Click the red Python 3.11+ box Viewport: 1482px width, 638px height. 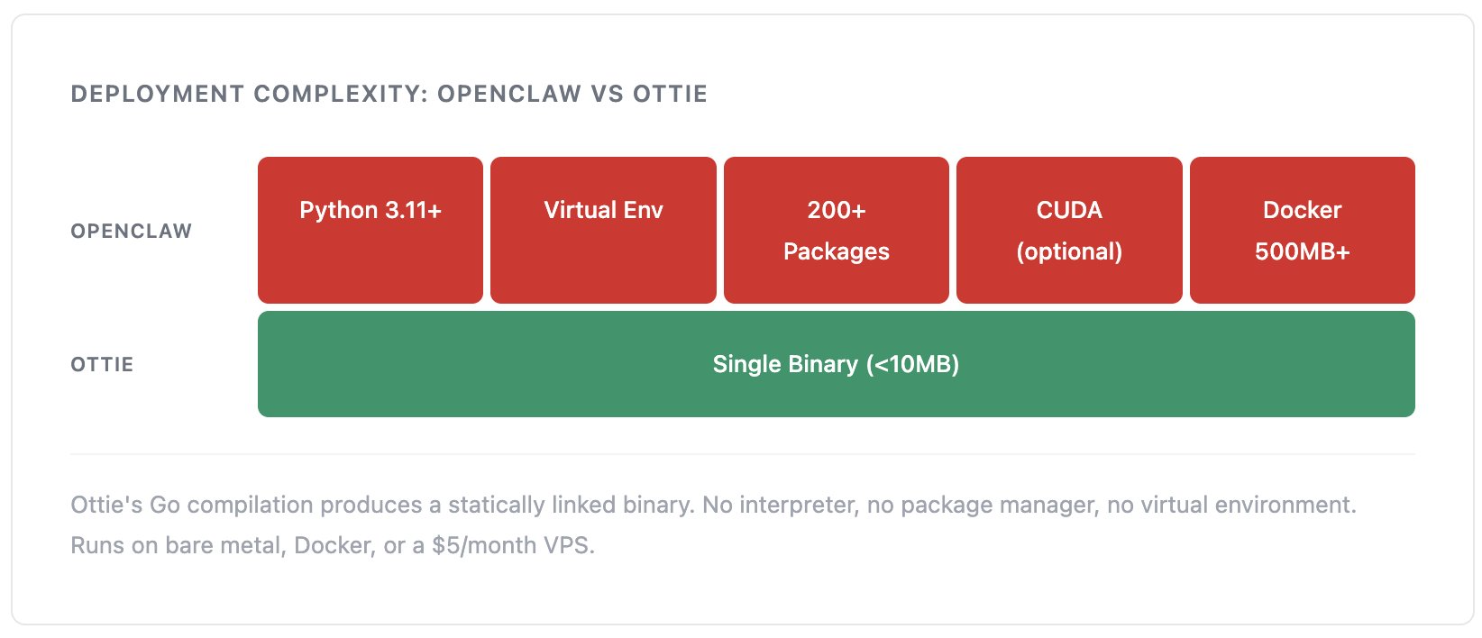(x=370, y=230)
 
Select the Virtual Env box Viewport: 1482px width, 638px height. (x=603, y=230)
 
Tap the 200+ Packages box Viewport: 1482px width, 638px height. (x=836, y=230)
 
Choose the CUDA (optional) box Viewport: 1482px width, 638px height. (x=1069, y=230)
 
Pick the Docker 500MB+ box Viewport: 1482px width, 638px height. (x=1302, y=230)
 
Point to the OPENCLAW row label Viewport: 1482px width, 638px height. (x=132, y=231)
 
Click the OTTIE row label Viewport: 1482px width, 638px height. (x=102, y=365)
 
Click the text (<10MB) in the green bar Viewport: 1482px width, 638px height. (x=912, y=364)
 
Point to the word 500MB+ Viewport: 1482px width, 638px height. (x=1302, y=251)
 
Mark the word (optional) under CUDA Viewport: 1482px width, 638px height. (x=1069, y=251)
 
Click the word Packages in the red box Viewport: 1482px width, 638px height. (x=836, y=251)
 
